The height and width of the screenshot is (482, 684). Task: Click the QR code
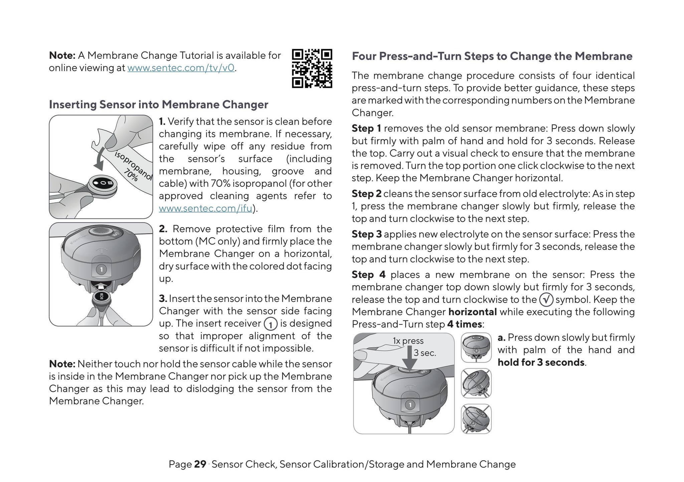point(312,68)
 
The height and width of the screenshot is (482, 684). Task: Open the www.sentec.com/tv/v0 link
point(181,68)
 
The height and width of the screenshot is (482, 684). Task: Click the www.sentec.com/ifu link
point(205,208)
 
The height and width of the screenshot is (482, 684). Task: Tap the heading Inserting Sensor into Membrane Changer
point(159,105)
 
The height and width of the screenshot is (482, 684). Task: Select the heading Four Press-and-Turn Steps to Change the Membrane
point(492,56)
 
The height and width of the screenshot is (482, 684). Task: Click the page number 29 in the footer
point(200,464)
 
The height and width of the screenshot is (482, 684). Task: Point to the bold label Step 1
point(366,129)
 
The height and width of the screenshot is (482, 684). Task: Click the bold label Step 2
point(366,194)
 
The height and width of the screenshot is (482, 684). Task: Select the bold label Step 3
point(367,234)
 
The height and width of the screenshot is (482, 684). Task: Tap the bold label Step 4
point(369,275)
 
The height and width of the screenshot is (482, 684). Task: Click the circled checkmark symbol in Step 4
point(546,300)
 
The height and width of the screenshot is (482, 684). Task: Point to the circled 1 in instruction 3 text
point(271,324)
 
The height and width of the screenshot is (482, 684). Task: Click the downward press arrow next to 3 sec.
point(410,357)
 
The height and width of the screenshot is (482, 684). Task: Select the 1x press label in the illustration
point(408,341)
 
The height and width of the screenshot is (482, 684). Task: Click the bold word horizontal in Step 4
point(473,312)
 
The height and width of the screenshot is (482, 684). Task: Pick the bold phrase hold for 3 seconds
point(541,362)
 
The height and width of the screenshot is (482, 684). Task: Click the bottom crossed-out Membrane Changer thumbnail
point(476,419)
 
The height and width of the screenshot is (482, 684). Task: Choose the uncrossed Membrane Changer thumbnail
point(476,348)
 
